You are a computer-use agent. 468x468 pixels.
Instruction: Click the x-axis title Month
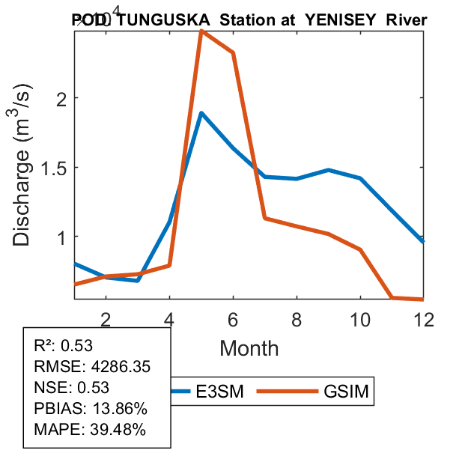tap(249, 348)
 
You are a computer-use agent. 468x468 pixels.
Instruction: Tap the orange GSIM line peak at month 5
tap(201, 31)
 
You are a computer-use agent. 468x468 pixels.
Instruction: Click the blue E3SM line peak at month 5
tap(201, 113)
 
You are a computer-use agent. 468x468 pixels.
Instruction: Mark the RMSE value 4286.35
tap(103, 366)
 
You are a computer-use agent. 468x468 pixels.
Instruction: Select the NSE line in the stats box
tap(72, 387)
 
